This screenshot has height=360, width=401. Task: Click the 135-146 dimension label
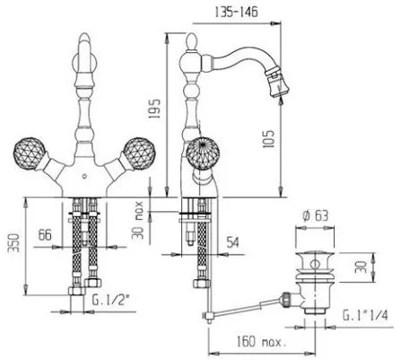(x=236, y=13)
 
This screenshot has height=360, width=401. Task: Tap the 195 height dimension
(x=155, y=108)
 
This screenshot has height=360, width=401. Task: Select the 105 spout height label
(x=267, y=138)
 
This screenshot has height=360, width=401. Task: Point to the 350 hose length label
(x=14, y=243)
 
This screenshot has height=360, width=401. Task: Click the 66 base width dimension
(x=45, y=234)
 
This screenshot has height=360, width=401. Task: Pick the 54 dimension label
(x=233, y=241)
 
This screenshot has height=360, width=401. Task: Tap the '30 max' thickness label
(x=138, y=220)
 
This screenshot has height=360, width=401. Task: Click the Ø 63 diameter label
(x=315, y=215)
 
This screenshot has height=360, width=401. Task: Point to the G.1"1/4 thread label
(x=365, y=315)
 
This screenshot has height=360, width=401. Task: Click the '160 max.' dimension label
(x=262, y=341)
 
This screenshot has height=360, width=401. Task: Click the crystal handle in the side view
(x=203, y=154)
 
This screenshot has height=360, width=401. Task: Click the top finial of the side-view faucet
(x=191, y=42)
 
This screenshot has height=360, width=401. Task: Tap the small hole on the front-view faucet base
(x=84, y=176)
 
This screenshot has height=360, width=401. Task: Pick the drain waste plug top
(x=315, y=259)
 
